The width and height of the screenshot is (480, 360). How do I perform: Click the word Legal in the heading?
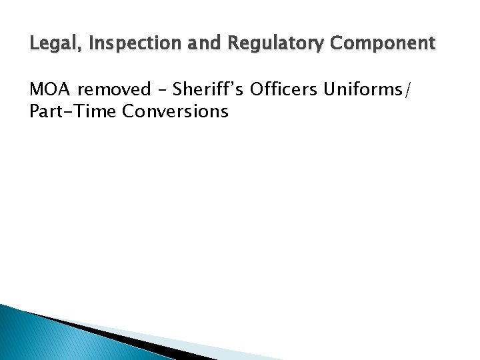49,45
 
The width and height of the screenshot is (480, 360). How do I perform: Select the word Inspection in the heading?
117,45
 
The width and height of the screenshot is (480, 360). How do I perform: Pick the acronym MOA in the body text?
51,90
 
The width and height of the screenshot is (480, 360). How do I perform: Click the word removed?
115,90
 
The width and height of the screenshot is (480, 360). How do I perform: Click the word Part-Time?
73,111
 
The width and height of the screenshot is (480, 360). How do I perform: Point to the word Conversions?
175,111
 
